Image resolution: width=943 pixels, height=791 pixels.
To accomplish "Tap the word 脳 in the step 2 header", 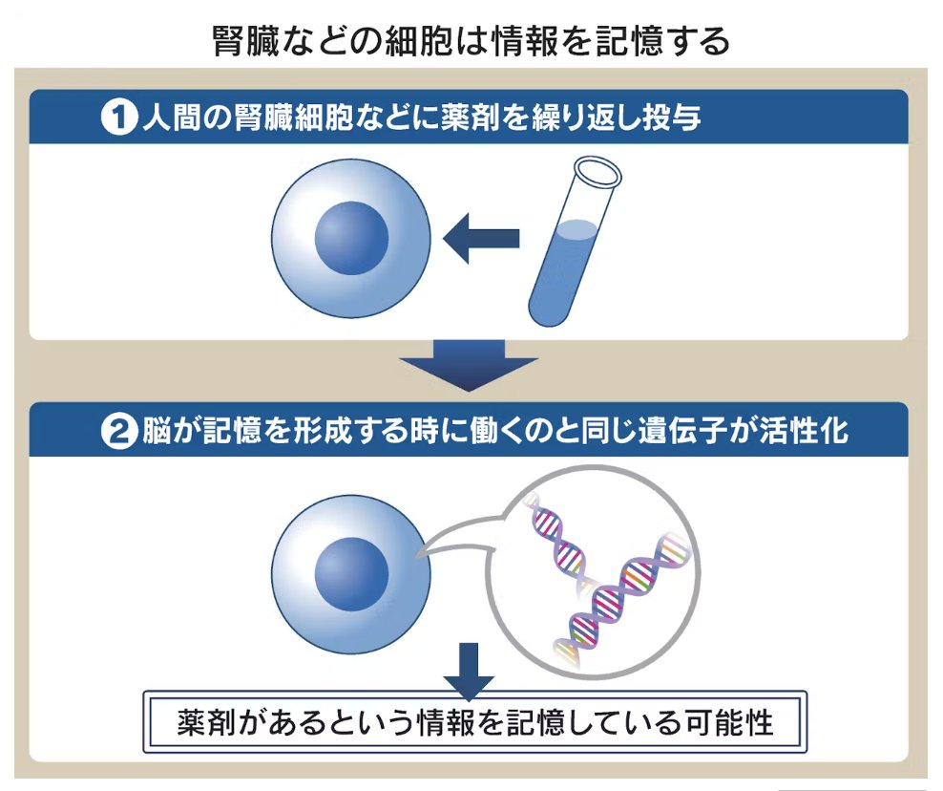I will [157, 433].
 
